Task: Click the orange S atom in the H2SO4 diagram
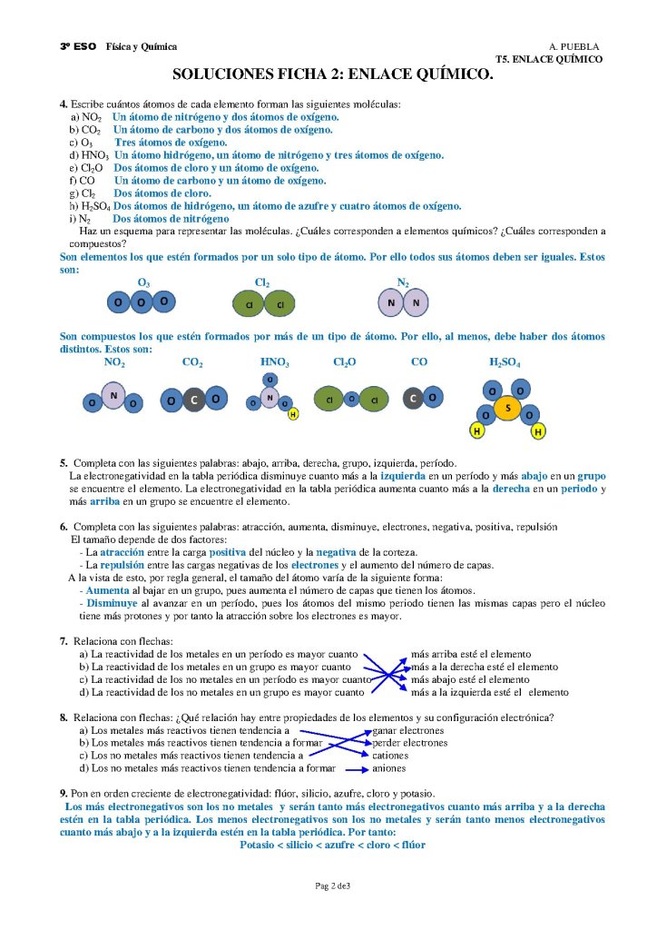coord(507,409)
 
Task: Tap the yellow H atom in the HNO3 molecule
coord(293,414)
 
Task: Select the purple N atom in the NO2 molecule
coord(113,395)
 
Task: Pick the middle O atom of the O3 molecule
coord(141,301)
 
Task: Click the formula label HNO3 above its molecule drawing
coord(274,361)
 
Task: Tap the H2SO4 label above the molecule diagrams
coord(505,361)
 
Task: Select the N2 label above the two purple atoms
coord(403,282)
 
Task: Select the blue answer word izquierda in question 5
coord(405,476)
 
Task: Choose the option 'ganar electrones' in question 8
coord(408,729)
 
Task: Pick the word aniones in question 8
coord(390,767)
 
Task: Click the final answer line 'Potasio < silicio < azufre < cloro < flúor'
coord(332,845)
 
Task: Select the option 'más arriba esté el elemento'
coord(471,653)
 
